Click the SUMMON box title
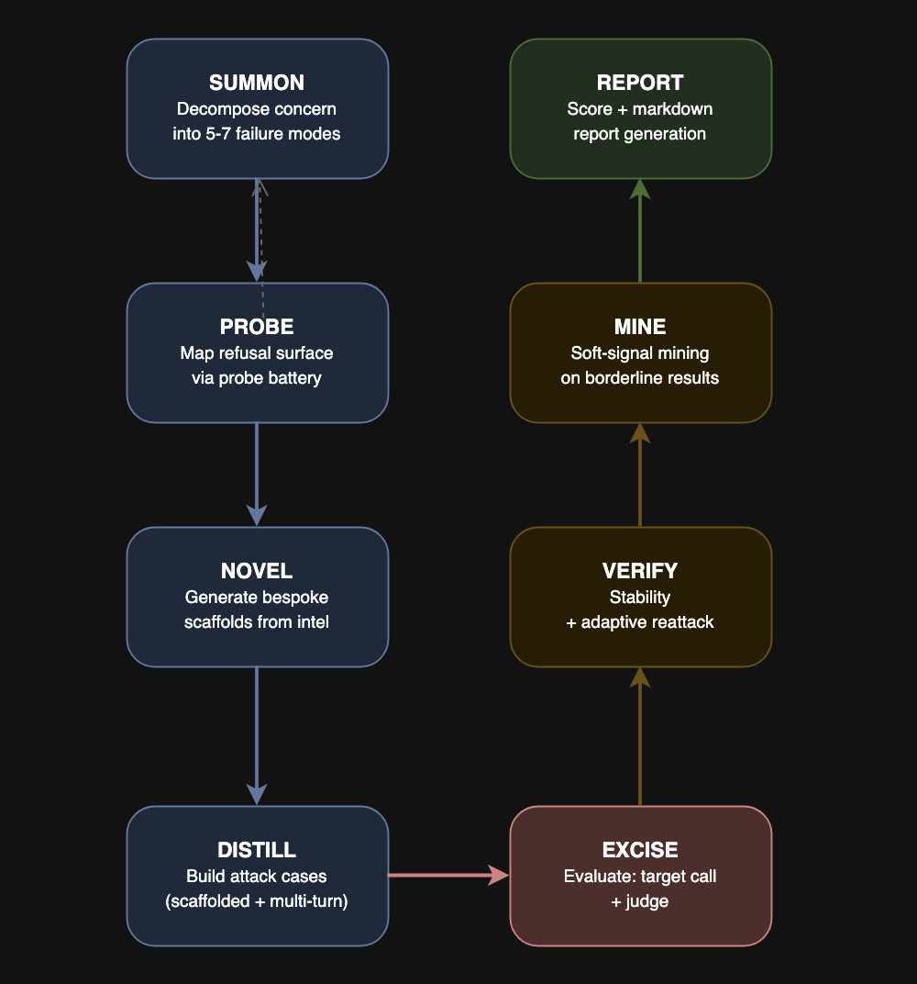point(257,83)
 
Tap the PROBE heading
point(257,327)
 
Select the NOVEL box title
point(257,571)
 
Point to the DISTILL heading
point(257,850)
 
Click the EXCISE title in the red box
point(640,850)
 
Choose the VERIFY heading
point(640,571)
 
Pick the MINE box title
point(640,327)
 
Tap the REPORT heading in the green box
point(640,83)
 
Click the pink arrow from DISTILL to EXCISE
point(448,876)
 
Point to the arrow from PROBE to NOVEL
point(257,474)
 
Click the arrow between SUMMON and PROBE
point(257,229)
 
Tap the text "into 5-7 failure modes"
point(257,134)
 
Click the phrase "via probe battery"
point(257,378)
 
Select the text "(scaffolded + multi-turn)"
point(257,901)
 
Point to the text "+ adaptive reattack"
point(640,622)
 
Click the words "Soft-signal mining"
point(640,352)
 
